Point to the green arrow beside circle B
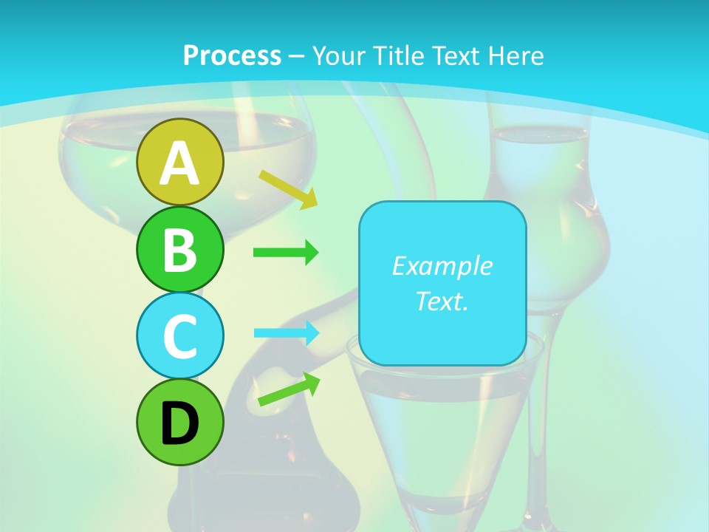pos(286,253)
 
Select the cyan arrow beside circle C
pos(287,332)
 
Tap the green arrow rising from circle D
pos(290,389)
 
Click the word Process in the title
pos(232,55)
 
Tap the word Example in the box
pos(442,266)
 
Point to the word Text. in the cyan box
pos(442,301)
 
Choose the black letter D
pos(179,423)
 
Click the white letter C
pos(179,336)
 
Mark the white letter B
pos(179,250)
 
